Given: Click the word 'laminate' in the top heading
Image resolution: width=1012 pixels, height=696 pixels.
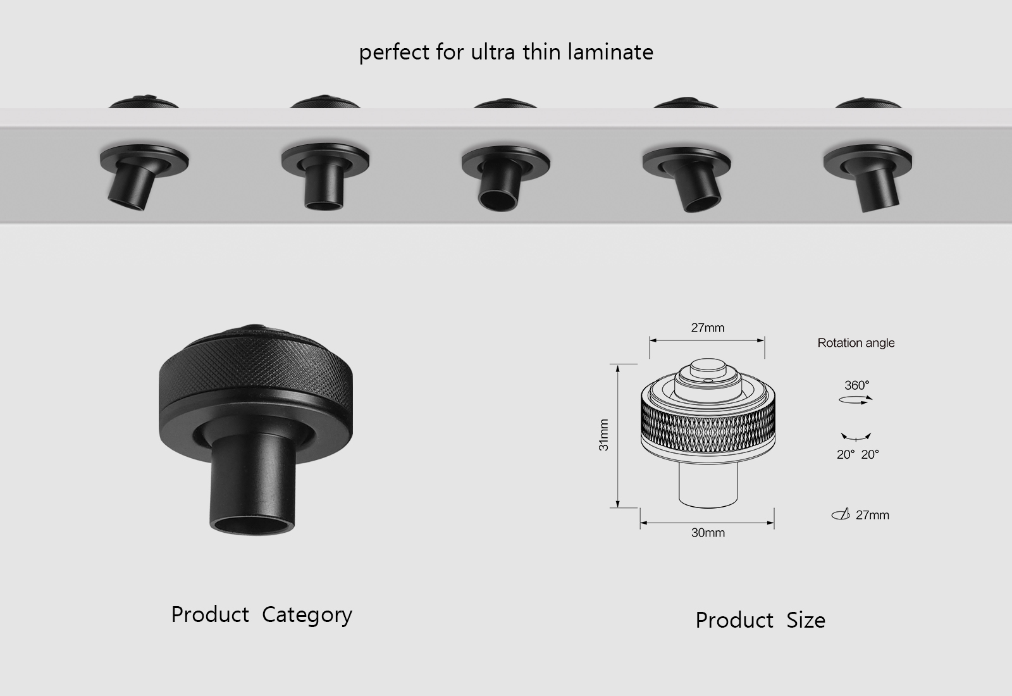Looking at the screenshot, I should click(610, 52).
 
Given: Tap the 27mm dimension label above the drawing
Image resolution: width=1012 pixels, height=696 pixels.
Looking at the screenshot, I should click(707, 328).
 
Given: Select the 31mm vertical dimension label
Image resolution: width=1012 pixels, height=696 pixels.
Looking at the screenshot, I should click(603, 435).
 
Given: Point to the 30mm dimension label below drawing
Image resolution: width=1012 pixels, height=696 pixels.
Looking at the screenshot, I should click(708, 533).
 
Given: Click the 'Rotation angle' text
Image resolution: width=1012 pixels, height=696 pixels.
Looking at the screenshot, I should click(856, 343).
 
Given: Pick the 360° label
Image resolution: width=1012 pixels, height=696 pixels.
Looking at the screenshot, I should click(856, 385).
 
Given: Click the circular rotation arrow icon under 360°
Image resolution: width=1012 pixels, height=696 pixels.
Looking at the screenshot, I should click(856, 399).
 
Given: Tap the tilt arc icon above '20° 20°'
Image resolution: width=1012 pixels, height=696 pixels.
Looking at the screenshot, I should click(856, 437).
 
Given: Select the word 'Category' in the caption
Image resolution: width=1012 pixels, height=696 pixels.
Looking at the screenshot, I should click(307, 615).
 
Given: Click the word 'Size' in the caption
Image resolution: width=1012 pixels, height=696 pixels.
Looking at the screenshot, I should click(805, 620).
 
